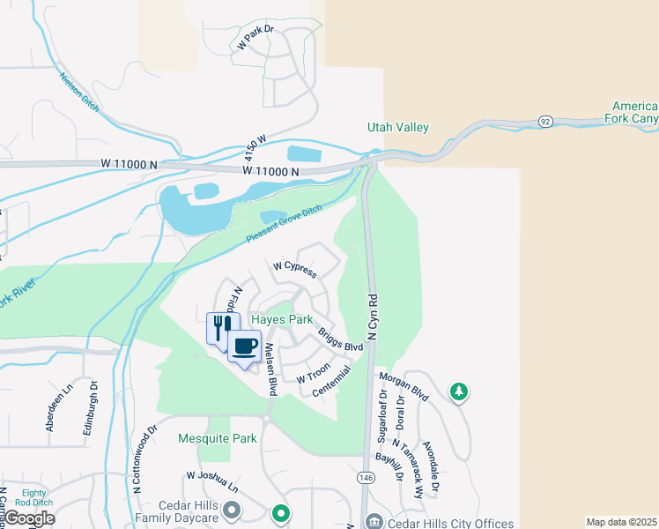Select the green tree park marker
click(x=458, y=391)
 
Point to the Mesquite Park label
click(x=217, y=438)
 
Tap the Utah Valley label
click(x=398, y=128)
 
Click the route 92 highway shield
click(x=545, y=120)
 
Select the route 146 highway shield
click(x=367, y=477)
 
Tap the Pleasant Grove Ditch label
click(x=284, y=226)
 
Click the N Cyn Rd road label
click(x=374, y=318)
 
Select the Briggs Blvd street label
click(x=341, y=336)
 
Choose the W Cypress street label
click(x=294, y=269)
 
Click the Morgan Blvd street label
click(x=404, y=386)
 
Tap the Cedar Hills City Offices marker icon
click(x=374, y=522)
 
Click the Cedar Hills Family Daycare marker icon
click(x=232, y=510)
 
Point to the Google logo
click(x=28, y=518)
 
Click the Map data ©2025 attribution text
click(x=621, y=522)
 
